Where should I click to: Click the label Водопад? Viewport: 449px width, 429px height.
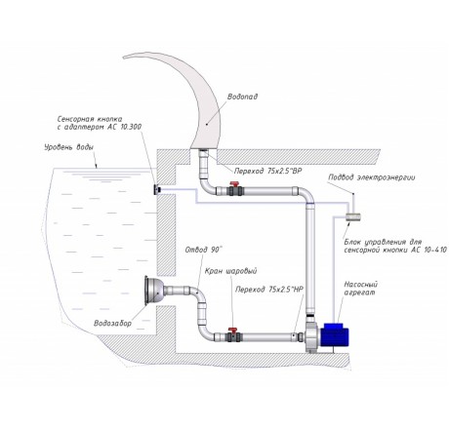click(242, 97)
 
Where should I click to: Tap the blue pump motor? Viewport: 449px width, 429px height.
click(334, 334)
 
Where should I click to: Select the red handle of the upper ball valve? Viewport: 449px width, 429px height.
click(234, 184)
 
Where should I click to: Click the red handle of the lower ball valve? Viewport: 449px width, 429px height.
click(233, 331)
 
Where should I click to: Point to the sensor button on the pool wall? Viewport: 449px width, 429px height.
click(157, 189)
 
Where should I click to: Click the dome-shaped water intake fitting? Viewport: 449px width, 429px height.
click(154, 291)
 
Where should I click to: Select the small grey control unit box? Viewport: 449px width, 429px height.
click(352, 216)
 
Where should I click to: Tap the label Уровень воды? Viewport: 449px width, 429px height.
click(69, 147)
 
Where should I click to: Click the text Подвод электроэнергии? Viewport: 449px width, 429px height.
click(372, 177)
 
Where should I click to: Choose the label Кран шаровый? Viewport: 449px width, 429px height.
click(230, 271)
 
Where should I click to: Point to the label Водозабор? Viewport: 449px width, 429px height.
click(112, 323)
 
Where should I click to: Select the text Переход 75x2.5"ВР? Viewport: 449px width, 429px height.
click(268, 172)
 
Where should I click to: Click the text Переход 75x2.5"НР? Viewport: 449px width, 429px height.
click(269, 290)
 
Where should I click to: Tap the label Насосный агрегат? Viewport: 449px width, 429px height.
click(361, 289)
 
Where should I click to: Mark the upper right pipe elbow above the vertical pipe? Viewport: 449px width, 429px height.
click(306, 194)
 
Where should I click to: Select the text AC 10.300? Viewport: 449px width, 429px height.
click(125, 127)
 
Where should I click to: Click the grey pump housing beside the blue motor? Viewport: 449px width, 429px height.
click(312, 334)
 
